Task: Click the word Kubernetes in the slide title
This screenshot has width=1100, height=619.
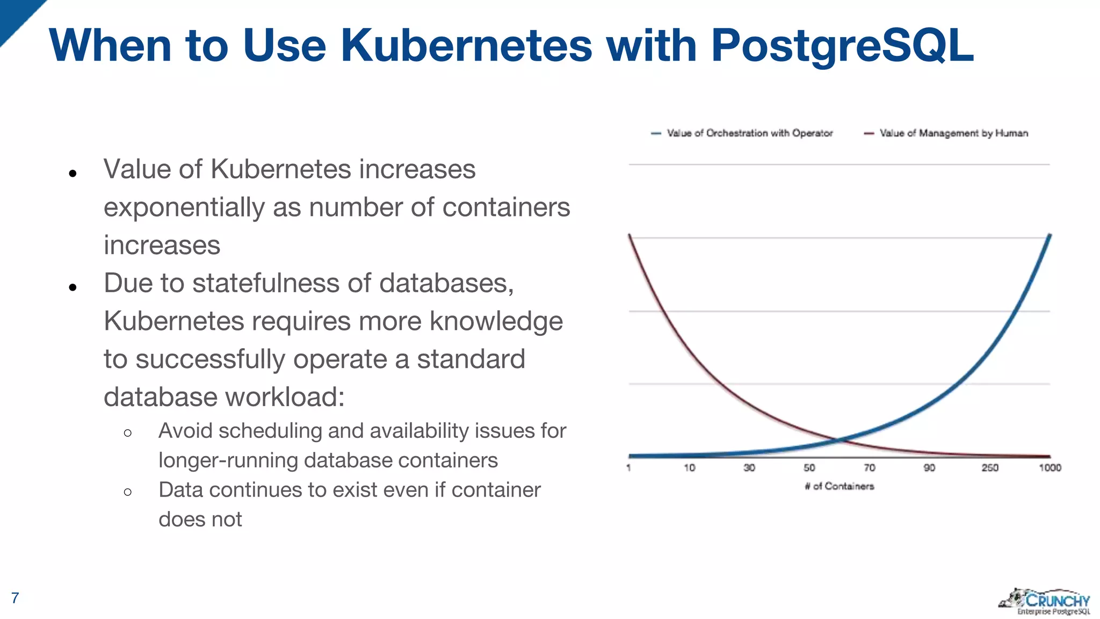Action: coord(466,45)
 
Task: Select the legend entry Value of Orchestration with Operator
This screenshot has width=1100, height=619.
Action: coord(749,133)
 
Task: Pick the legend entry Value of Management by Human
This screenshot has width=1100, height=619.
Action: coord(953,133)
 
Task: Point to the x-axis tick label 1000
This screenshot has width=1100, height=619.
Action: coord(1050,468)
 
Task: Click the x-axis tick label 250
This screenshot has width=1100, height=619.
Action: coord(989,468)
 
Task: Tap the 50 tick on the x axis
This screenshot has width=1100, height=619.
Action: coord(809,468)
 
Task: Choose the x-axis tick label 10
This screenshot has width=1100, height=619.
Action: coord(689,468)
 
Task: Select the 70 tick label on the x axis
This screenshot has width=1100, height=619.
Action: coord(869,468)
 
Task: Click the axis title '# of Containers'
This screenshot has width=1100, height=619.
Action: coord(839,486)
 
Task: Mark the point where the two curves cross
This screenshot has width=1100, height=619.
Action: coord(838,440)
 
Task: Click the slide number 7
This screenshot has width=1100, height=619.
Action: coord(15,598)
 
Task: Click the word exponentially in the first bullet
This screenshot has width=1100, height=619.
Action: coord(184,208)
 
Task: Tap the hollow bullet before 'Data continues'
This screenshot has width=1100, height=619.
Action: coord(127,492)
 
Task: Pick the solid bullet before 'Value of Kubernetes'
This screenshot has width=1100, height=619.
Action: coord(73,173)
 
